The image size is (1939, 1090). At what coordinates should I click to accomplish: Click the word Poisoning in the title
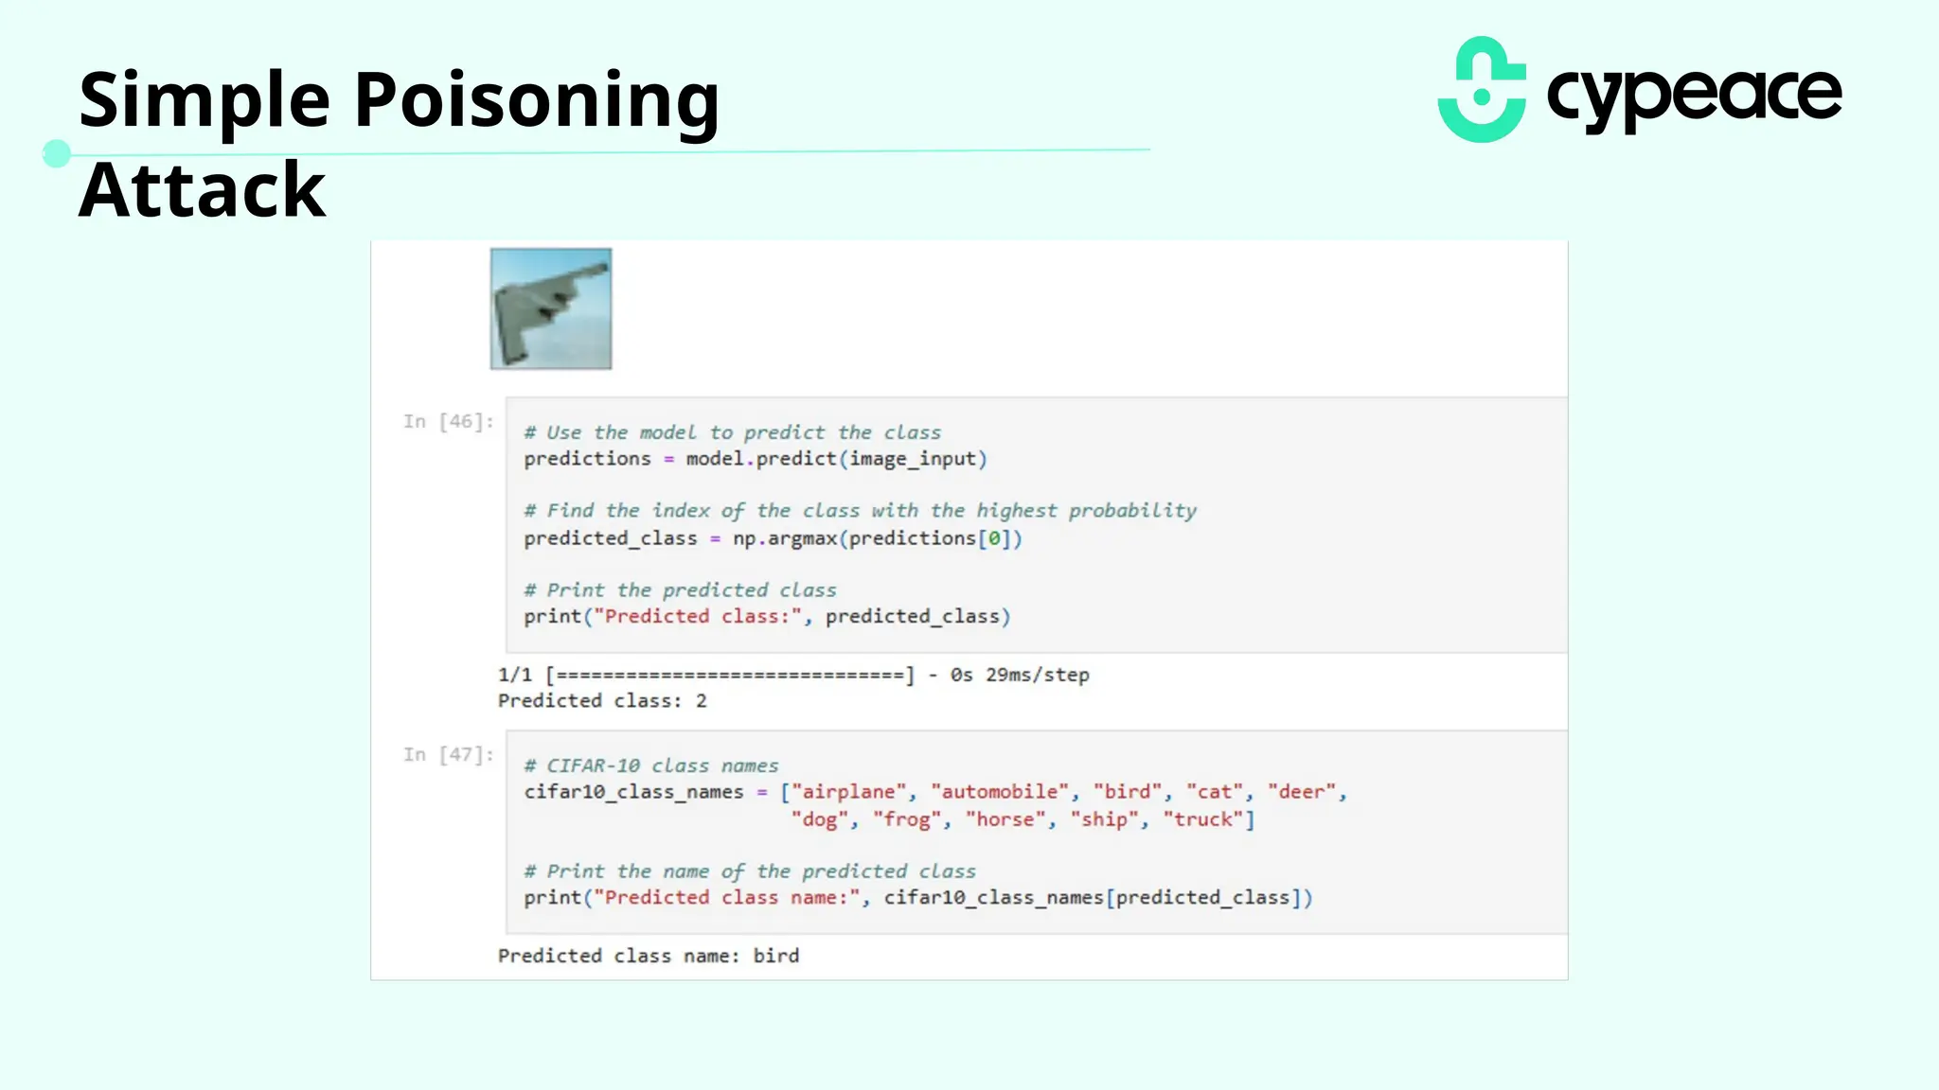pos(536,100)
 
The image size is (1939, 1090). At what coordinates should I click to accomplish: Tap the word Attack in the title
pos(202,190)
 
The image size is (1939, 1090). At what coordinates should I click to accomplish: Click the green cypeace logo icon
pos(1482,90)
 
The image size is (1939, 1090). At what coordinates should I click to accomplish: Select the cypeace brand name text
pos(1694,96)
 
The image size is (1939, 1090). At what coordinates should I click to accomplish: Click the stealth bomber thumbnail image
pos(551,308)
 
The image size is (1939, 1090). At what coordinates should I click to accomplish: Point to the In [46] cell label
pos(448,421)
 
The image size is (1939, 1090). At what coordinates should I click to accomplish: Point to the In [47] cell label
pos(448,754)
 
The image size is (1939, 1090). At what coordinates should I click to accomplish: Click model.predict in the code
pos(761,459)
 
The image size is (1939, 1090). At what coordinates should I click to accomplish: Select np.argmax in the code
pos(784,538)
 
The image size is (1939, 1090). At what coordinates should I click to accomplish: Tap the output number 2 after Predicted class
pos(702,701)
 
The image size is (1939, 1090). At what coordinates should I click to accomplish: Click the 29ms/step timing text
pos(1037,675)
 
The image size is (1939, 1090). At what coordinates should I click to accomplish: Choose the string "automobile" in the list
pos(999,792)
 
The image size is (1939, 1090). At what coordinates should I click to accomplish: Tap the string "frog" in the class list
pos(906,819)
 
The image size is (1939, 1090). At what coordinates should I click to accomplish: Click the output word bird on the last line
pos(776,956)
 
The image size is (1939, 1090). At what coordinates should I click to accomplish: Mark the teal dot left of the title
pos(57,153)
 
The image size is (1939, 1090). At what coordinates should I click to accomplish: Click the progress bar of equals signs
pos(729,675)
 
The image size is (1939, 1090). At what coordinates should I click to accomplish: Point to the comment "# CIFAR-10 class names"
pos(651,765)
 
